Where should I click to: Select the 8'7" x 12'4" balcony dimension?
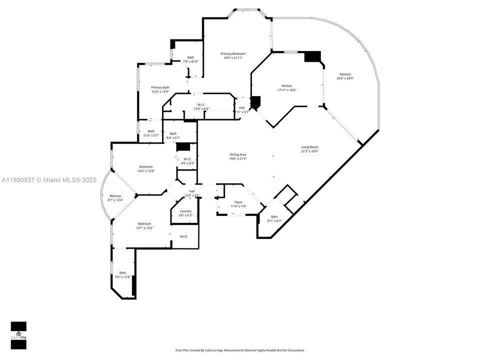115,200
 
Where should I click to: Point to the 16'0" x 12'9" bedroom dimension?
146,171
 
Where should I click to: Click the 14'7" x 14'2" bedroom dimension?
145,228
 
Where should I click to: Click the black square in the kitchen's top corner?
312,56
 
